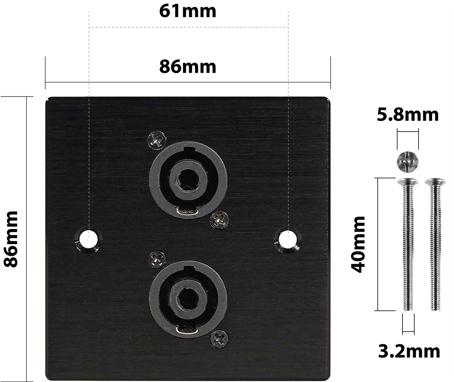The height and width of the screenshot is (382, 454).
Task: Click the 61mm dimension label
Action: click(x=188, y=11)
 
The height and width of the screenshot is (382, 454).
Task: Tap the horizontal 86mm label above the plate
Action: click(x=188, y=67)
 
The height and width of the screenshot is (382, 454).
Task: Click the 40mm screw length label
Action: click(x=358, y=244)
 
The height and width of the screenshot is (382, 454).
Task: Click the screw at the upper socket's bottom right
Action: click(x=219, y=220)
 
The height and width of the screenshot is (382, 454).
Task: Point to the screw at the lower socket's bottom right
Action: click(x=219, y=339)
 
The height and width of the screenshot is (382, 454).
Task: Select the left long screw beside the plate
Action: click(x=408, y=244)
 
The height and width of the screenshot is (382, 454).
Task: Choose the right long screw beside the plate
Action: click(x=435, y=244)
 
